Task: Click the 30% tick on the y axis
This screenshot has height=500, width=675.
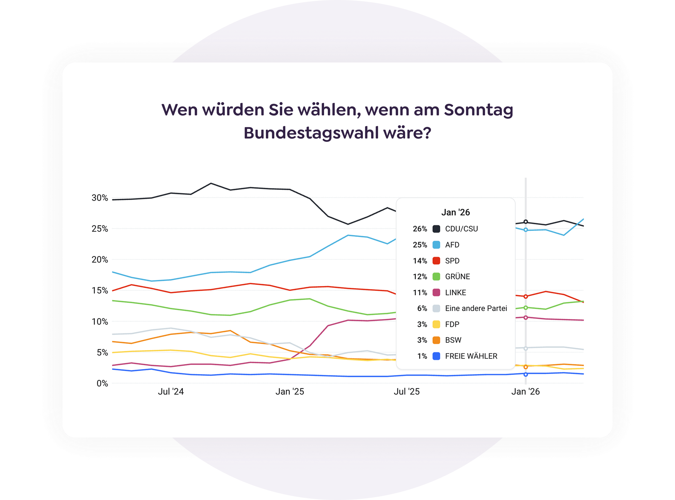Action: pos(100,198)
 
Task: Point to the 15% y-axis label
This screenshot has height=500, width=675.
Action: pos(100,291)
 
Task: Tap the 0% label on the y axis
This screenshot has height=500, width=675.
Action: pos(102,383)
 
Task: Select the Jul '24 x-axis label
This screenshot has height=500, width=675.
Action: pos(171,392)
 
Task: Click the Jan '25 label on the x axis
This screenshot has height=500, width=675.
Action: pos(290,392)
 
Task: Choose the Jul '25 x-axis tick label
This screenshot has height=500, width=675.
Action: pos(407,392)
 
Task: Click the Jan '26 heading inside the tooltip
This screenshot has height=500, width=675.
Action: pos(455,212)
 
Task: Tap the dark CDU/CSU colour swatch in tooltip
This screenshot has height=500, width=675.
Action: pos(436,229)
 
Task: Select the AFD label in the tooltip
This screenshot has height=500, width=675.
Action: pos(452,245)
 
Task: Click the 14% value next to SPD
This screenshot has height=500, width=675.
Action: pos(420,261)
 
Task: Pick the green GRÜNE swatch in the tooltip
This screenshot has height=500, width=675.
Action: pos(436,277)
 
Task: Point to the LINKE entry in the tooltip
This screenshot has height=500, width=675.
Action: pos(455,292)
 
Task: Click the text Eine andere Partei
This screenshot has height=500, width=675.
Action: pos(476,308)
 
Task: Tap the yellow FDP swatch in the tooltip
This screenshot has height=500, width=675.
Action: pos(436,324)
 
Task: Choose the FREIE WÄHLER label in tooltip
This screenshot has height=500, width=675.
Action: pos(471,356)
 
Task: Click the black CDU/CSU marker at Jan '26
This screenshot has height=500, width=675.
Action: pos(526,222)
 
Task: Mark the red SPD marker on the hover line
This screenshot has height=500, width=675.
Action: pos(526,296)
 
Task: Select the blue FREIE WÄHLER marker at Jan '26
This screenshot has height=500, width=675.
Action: pos(526,374)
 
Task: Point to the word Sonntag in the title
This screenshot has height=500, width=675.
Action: pos(478,110)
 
